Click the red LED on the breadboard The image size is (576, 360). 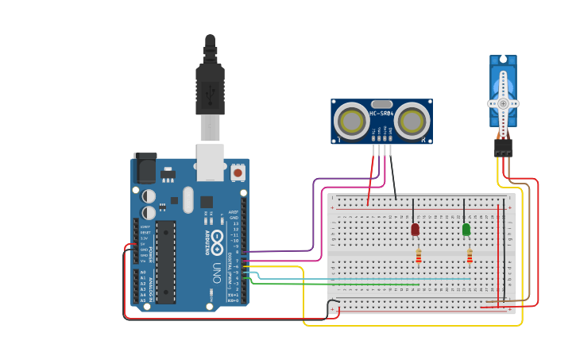coord(415,230)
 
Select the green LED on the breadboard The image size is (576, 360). coord(466,230)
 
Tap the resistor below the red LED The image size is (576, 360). coord(419,256)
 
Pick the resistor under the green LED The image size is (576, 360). coord(470,256)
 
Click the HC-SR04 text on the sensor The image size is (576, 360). coord(381,113)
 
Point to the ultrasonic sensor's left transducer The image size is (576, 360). coord(350,122)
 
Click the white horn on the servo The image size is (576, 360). coord(503,103)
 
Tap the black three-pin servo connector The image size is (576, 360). coord(503,148)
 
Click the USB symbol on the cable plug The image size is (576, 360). coord(210,94)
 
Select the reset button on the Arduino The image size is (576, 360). coord(238,172)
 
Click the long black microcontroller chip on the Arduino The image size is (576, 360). coord(166,261)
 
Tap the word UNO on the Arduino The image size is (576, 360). coord(216,274)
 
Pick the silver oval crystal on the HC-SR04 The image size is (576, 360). coord(381,104)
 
